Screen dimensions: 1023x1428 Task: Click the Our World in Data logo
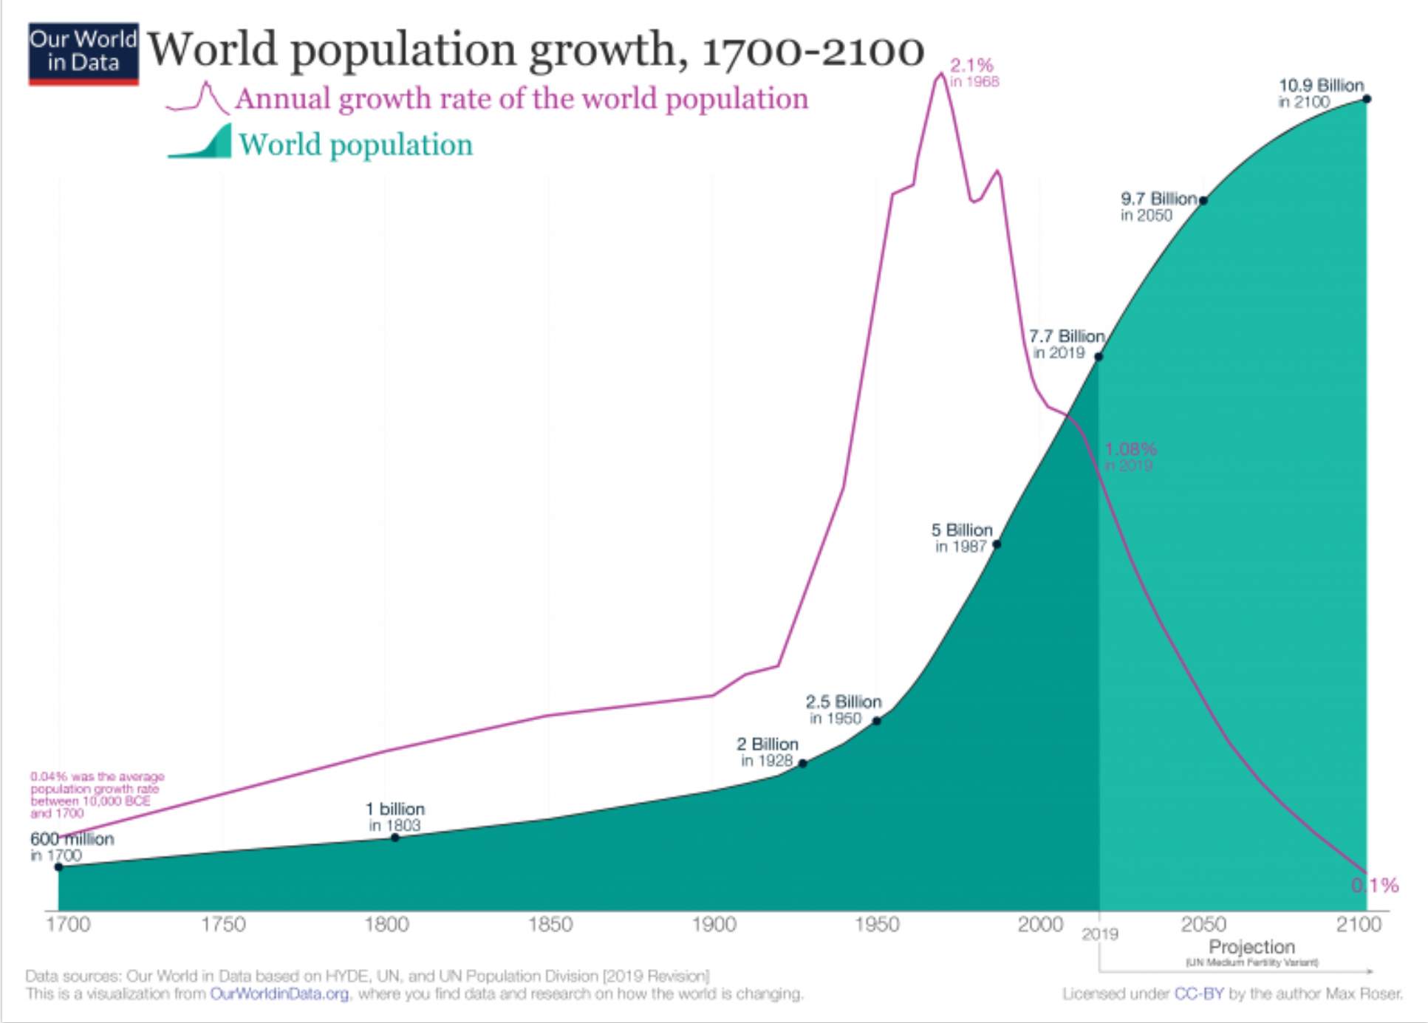[83, 53]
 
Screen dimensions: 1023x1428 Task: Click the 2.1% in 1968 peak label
[974, 72]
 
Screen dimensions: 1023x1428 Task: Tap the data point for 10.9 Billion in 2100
[1367, 99]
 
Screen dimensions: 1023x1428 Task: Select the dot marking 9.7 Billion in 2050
[1203, 200]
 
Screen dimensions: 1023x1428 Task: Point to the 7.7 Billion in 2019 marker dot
[1099, 357]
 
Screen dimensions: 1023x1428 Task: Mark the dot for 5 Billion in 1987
[997, 544]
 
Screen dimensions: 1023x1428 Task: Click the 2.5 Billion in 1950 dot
[877, 721]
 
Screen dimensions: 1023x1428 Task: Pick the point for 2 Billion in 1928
[803, 764]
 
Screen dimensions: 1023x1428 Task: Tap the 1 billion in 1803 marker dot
[395, 838]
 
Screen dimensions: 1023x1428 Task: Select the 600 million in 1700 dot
[59, 867]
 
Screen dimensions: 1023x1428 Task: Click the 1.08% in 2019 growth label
[1130, 456]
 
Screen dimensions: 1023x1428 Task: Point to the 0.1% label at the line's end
[1375, 885]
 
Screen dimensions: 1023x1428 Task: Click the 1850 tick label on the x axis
[550, 925]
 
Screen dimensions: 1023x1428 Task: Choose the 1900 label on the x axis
[714, 925]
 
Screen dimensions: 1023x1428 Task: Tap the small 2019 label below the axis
[1100, 934]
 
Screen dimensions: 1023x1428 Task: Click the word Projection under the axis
[1251, 946]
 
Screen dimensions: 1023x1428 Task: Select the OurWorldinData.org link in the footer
[279, 994]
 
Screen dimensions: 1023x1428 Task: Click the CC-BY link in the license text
[1199, 994]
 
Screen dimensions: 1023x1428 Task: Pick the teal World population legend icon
[200, 142]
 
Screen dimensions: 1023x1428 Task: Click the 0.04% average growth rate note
[97, 795]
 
